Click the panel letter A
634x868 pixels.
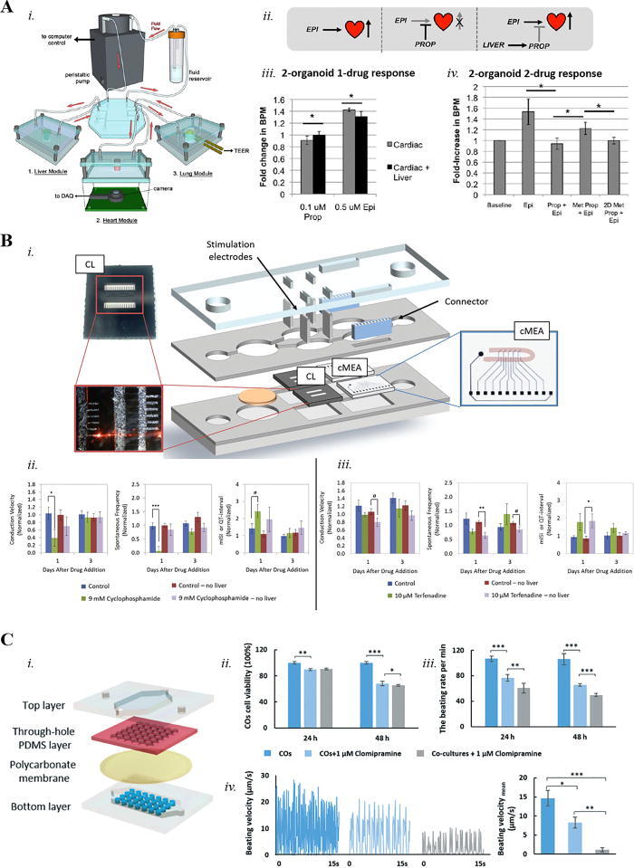point(9,10)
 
